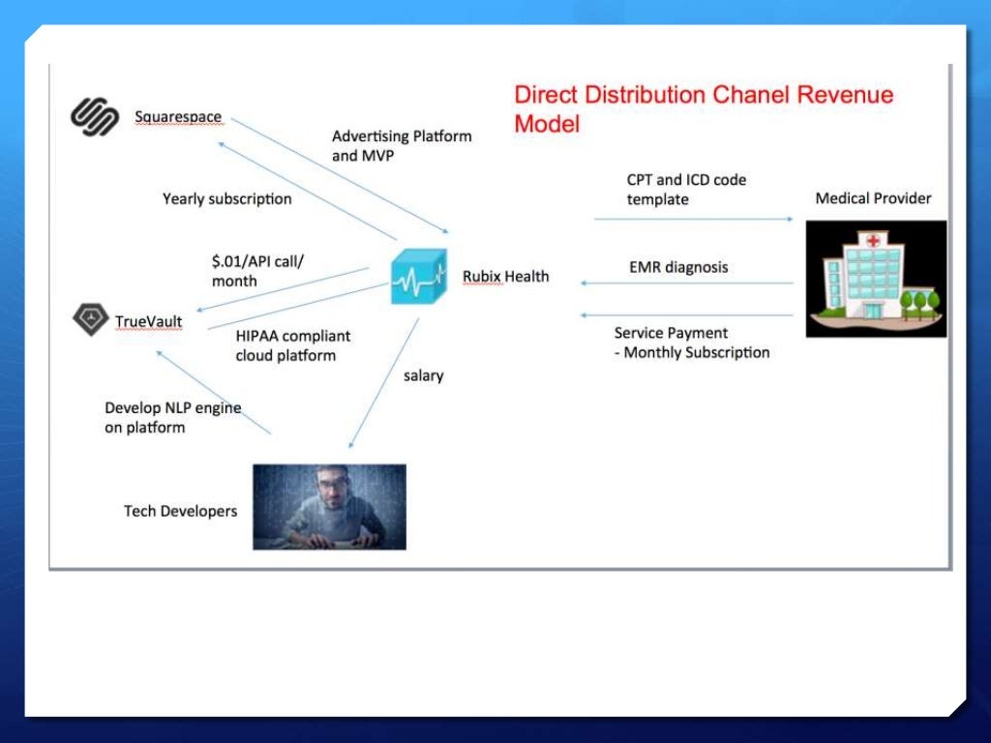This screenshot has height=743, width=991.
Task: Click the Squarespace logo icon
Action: coord(95,117)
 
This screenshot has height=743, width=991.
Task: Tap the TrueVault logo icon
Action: coord(91,319)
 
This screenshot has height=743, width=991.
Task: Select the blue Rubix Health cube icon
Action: coord(418,276)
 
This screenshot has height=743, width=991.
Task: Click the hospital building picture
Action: coord(876,279)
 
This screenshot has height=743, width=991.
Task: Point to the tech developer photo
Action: coord(329,507)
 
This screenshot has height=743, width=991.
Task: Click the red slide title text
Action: coord(704,108)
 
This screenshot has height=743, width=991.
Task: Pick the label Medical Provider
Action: coord(873,198)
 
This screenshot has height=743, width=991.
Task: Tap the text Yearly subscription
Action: coord(226,199)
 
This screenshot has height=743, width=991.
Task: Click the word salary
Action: coord(423,375)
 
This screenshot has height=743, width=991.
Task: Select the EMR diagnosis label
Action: coord(678,267)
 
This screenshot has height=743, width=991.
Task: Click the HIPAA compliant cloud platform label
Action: coord(292,345)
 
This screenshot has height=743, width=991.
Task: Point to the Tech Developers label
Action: coord(180,511)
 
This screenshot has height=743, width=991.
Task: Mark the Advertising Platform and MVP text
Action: coord(402,146)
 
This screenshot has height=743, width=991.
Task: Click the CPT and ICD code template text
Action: coord(686,190)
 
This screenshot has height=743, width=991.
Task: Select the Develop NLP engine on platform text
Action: coord(172,417)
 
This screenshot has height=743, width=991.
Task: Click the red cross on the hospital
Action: coord(874,240)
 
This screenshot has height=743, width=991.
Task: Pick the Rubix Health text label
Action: coord(505,277)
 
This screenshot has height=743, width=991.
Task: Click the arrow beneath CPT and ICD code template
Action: coord(693,219)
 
